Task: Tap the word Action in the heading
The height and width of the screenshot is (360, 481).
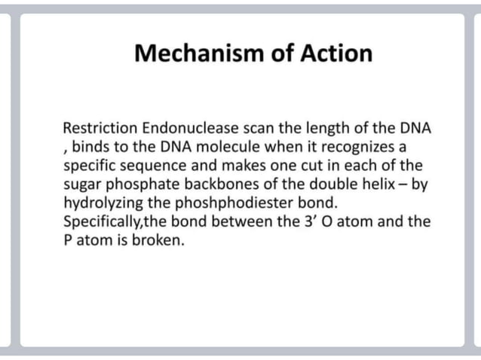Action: tap(336, 54)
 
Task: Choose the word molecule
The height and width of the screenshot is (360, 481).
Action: tap(209, 146)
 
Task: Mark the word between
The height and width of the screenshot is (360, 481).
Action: tap(217, 221)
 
